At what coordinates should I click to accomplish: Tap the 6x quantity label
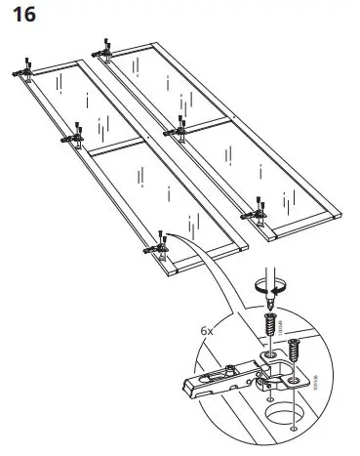pos(208,330)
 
